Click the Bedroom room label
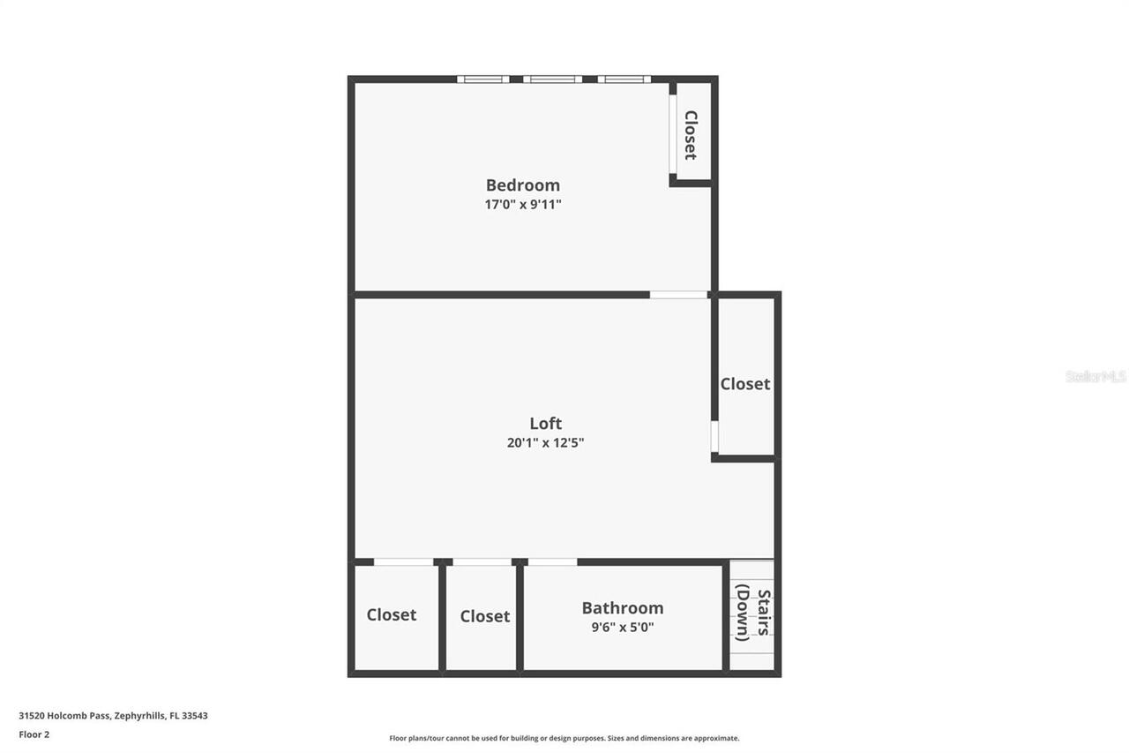click(x=522, y=185)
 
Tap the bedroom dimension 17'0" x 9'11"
click(x=523, y=205)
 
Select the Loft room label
click(x=545, y=424)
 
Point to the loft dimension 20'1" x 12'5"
click(x=545, y=443)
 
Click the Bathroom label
click(x=622, y=608)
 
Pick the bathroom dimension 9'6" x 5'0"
click(x=622, y=628)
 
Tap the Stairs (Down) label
click(x=753, y=614)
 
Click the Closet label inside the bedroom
click(x=691, y=135)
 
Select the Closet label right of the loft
click(x=745, y=384)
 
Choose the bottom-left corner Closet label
click(x=392, y=615)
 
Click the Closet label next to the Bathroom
click(x=485, y=617)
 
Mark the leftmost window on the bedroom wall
click(x=483, y=79)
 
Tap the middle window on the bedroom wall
click(x=552, y=79)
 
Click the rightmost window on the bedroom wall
click(x=624, y=79)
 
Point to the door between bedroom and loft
click(x=678, y=295)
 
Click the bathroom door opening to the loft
click(x=552, y=561)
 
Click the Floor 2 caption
click(x=34, y=734)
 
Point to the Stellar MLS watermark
click(x=1095, y=376)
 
